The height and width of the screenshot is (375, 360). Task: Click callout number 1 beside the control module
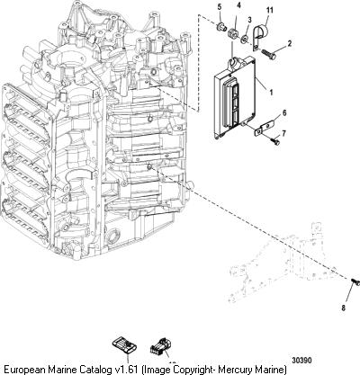tap(271, 93)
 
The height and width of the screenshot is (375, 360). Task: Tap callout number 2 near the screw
tap(290, 44)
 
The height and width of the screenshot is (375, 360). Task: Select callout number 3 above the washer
tap(249, 21)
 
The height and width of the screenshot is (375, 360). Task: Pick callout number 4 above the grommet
tap(238, 5)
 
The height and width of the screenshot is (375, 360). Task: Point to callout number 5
tap(220, 7)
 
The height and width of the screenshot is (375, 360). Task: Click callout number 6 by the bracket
tap(284, 113)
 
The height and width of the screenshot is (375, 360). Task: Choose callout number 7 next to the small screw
tap(283, 133)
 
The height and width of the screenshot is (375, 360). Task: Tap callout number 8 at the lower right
tap(343, 308)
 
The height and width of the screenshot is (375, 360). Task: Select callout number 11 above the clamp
tap(270, 11)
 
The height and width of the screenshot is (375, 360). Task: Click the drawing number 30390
tap(302, 360)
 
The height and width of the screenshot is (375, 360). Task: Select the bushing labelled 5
tap(220, 28)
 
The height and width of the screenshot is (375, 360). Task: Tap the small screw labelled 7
tap(275, 141)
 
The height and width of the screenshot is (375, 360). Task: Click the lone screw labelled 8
tap(355, 281)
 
